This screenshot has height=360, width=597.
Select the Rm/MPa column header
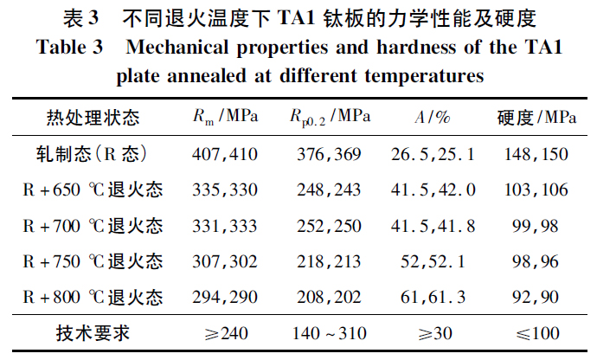pyautogui.click(x=223, y=118)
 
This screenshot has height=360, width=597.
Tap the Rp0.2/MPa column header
pyautogui.click(x=331, y=118)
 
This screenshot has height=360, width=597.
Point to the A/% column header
pyautogui.click(x=429, y=118)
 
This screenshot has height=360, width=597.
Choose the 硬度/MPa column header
pyautogui.click(x=536, y=118)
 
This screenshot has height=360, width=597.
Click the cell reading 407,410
pyautogui.click(x=223, y=154)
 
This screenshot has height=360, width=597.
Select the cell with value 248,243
pyautogui.click(x=331, y=190)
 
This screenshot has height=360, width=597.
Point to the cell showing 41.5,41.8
pyautogui.click(x=433, y=225)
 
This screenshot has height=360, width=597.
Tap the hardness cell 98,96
pyautogui.click(x=536, y=261)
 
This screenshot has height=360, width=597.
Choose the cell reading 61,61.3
pyautogui.click(x=433, y=297)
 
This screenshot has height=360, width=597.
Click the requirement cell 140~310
pyautogui.click(x=331, y=333)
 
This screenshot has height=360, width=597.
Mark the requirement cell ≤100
pyautogui.click(x=536, y=333)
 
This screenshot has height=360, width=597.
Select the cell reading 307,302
pyautogui.click(x=223, y=261)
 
